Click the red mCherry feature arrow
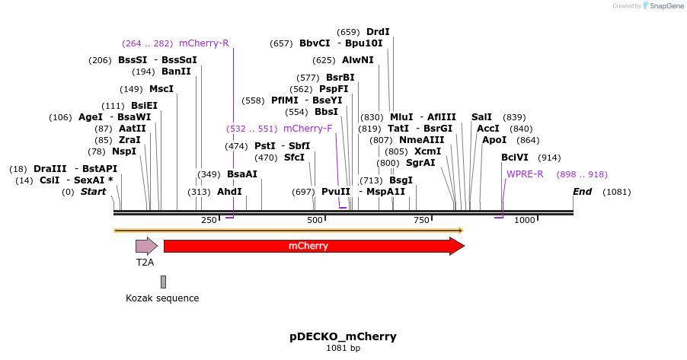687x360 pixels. tap(313, 246)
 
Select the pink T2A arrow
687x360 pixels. tap(145, 246)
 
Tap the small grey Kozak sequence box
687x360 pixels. tap(163, 282)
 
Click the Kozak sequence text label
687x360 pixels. tap(162, 298)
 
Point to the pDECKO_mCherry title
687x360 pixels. tap(343, 336)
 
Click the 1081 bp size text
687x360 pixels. tap(343, 349)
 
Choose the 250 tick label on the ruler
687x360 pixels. tap(209, 220)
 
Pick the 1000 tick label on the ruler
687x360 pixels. tap(524, 220)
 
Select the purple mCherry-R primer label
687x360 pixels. tap(203, 43)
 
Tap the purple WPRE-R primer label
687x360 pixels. tap(525, 174)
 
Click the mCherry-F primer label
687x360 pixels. tap(308, 129)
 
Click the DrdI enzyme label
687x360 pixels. tap(378, 32)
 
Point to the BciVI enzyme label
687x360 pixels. tap(514, 158)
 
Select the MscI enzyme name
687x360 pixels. tap(161, 89)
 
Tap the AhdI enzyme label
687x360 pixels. tap(229, 192)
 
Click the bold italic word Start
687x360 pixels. tap(94, 192)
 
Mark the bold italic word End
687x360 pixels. tap(582, 192)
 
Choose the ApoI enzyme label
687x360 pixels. tap(494, 140)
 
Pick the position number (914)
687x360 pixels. tap(550, 158)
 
